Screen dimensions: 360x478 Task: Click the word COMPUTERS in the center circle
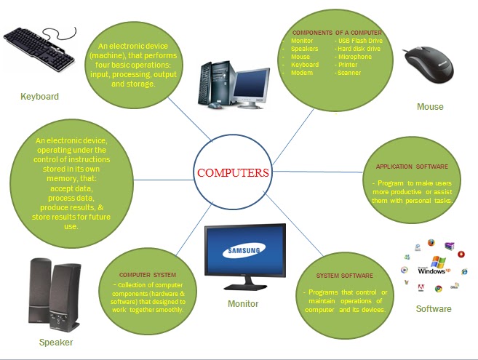pos(234,173)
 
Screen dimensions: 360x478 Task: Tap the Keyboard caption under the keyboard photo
pos(39,97)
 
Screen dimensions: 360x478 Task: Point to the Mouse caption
pos(430,108)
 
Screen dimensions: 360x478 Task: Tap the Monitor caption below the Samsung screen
pos(243,304)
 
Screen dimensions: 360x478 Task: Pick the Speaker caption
pos(56,343)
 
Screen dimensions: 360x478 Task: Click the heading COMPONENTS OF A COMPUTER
pos(337,33)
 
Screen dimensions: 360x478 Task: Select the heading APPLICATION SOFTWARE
pos(412,167)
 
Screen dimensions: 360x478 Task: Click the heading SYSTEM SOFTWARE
pos(344,276)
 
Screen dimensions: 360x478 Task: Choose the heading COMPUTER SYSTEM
pos(148,274)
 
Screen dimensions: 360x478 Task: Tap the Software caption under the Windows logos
pos(434,309)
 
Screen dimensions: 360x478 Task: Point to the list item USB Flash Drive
pos(359,41)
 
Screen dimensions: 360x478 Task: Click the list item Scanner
pos(348,73)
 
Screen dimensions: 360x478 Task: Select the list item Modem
pos(301,73)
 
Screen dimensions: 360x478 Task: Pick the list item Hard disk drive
pos(358,49)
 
